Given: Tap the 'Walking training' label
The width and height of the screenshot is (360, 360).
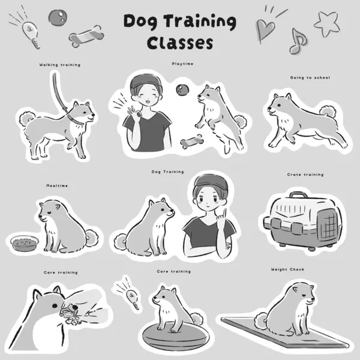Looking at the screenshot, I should (x=60, y=64).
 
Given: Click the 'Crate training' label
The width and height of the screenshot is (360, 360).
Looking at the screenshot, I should (x=305, y=175).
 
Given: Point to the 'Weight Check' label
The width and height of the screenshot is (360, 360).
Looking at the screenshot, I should (x=288, y=269).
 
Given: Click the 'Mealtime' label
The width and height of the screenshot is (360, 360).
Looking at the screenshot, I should (x=57, y=186).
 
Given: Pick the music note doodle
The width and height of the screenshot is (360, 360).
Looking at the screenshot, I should (x=296, y=41).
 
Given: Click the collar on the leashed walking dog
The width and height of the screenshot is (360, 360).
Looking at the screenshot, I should (x=77, y=115).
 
